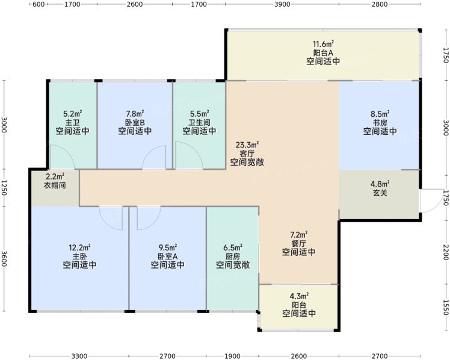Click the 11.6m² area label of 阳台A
pos(323,44)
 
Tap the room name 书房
pos(380,123)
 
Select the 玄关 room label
pos(380,193)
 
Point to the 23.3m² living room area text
pos(247,144)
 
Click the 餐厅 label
pos(299,244)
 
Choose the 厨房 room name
pos(233,256)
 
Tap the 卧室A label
pos(168,256)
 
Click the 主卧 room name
pos(79,256)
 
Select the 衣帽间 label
pos(55,185)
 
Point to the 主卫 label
pos(72,123)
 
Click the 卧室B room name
pos(135,123)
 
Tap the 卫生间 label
pos(199,123)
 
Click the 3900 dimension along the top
pos(282,4)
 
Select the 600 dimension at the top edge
pos(39,4)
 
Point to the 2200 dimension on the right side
pos(446,252)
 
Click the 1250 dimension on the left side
pos(4,188)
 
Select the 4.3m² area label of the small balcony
pos(299,296)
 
